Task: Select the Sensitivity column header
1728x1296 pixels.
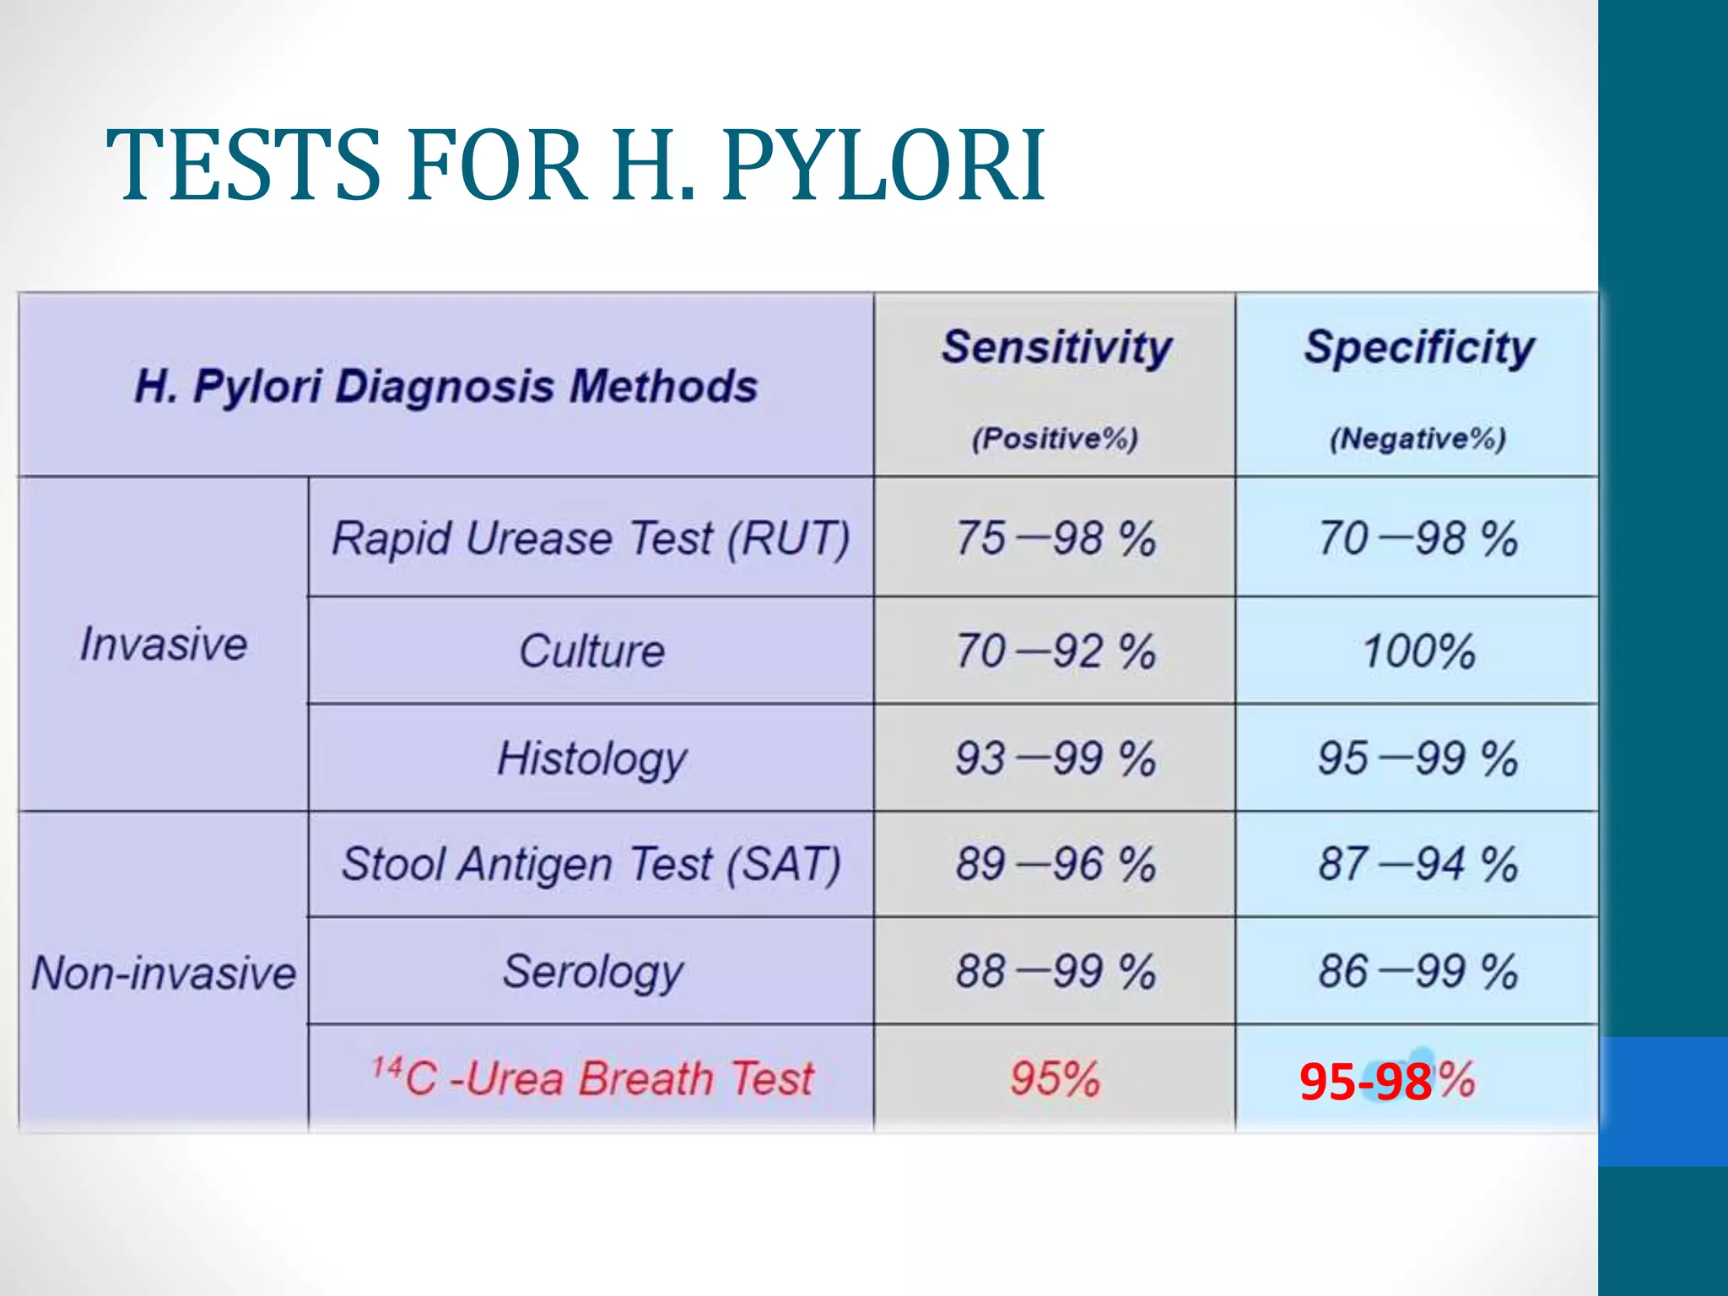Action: (x=1056, y=347)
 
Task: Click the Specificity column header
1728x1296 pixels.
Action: (x=1419, y=347)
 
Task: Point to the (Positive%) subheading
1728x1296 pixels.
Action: (x=1055, y=439)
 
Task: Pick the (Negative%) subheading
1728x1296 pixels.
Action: (x=1418, y=439)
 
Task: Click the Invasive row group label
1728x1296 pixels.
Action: (x=164, y=645)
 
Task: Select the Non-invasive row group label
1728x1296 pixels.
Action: (x=164, y=973)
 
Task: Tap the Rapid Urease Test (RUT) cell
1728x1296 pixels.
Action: (x=591, y=538)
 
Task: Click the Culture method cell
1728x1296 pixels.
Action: (x=591, y=651)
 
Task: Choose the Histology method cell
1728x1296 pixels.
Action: (x=591, y=759)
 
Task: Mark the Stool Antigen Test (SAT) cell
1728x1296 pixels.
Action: (x=591, y=865)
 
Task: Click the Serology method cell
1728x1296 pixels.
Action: (x=592, y=972)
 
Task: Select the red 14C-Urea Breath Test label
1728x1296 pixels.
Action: (x=593, y=1078)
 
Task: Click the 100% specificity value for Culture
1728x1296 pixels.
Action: (x=1419, y=651)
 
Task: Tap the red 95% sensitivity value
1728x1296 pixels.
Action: (x=1055, y=1078)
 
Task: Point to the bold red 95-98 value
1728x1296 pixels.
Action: (x=1365, y=1082)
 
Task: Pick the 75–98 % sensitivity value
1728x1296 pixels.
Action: (x=1055, y=538)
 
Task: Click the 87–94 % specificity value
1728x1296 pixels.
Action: (x=1418, y=865)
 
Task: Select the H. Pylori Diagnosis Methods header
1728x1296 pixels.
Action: (x=445, y=386)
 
